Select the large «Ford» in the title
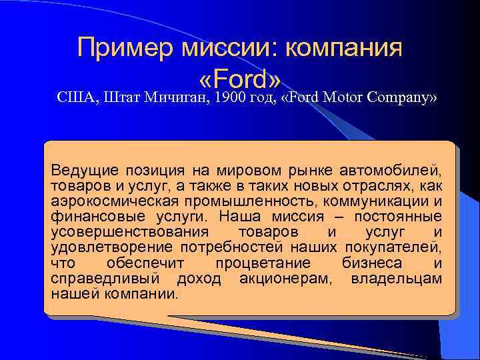pos(239,79)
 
